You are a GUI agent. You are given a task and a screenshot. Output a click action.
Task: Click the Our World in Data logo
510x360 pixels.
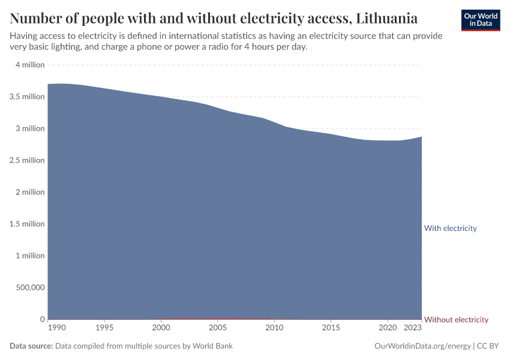coord(480,20)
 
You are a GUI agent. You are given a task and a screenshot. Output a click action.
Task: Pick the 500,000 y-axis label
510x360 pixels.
coord(28,287)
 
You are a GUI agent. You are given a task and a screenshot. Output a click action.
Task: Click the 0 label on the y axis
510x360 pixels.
coord(42,319)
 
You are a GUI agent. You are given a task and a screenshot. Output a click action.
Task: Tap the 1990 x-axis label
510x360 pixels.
coord(56,328)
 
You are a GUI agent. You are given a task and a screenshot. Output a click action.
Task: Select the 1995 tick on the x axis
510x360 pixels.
coord(104,328)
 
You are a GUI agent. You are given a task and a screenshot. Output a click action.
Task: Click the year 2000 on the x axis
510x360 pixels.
coord(161,328)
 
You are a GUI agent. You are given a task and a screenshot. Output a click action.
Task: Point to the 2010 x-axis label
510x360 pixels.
coord(274,328)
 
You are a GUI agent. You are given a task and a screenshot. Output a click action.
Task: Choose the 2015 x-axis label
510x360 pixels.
coord(331,328)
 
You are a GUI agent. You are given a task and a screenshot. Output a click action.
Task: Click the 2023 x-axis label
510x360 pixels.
coord(412,328)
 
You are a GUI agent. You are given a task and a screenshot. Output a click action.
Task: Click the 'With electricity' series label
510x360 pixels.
coord(450,228)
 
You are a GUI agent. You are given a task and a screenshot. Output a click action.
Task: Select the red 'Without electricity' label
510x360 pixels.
coord(456,319)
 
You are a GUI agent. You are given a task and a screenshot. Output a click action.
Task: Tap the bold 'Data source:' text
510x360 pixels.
coord(31,346)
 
